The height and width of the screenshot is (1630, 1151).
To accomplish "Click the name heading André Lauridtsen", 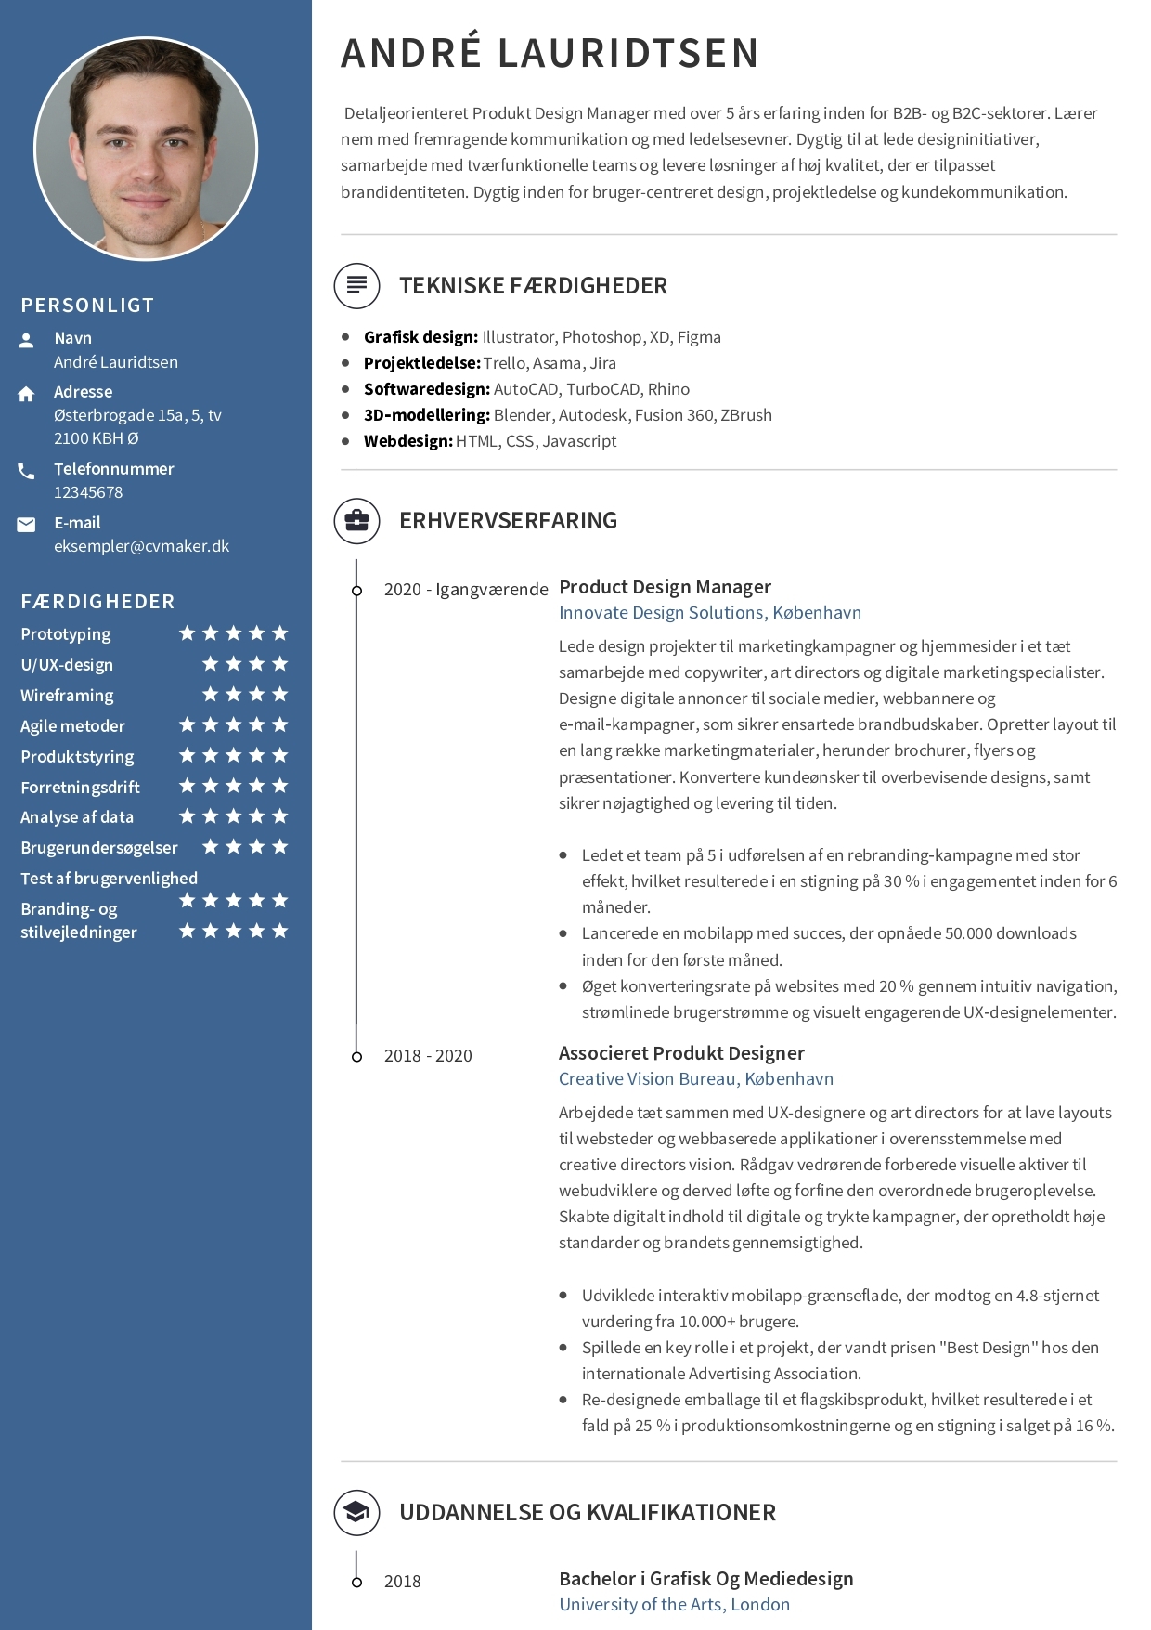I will (x=550, y=53).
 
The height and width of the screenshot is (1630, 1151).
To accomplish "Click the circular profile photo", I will (x=146, y=149).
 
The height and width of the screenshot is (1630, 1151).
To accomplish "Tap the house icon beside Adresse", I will (x=26, y=394).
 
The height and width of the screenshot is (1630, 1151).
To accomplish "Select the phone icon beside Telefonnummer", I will (x=26, y=471).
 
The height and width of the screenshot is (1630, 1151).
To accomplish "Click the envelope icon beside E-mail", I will (x=26, y=525).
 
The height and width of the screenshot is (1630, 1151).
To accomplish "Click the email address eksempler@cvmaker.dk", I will (x=141, y=546).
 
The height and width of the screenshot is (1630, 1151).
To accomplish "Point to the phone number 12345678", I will (x=88, y=492).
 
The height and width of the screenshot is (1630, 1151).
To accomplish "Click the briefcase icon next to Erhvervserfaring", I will (x=356, y=520).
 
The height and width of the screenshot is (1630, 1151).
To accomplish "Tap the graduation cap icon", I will (x=356, y=1512).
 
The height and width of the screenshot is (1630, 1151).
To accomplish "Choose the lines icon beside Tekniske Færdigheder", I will (x=356, y=285).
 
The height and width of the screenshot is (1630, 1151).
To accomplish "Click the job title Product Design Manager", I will (x=665, y=587).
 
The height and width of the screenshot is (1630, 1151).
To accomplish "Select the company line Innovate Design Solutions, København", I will (x=709, y=613).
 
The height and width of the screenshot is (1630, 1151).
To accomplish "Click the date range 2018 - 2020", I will (x=428, y=1056).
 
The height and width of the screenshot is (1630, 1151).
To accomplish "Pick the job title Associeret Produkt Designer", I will (x=681, y=1053).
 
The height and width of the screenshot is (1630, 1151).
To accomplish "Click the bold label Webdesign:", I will (x=407, y=441).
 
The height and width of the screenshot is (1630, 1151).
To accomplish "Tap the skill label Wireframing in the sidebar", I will (x=67, y=696).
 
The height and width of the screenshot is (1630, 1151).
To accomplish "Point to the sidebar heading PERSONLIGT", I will (x=87, y=306).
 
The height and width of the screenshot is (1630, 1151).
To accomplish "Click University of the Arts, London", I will (x=674, y=1605).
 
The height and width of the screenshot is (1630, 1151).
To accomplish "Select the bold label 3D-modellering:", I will (x=426, y=415).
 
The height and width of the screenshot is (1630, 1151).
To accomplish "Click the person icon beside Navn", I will (x=26, y=340).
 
